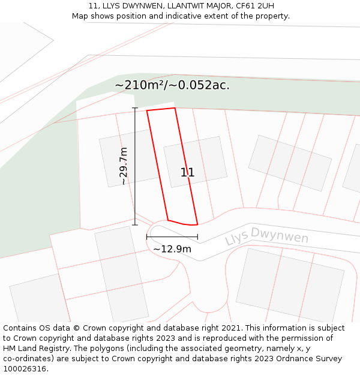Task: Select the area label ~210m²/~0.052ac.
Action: pos(172,85)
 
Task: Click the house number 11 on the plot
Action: pos(187,173)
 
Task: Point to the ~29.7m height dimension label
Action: pos(123,166)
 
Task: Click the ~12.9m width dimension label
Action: pos(172,249)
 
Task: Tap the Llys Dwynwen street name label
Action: pos(266,236)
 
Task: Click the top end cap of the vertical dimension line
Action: pos(135,108)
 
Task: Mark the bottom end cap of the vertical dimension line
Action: pos(135,225)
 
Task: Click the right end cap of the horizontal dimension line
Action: pos(197,237)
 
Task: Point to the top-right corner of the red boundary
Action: pos(175,108)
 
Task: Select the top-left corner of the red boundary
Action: pos(147,111)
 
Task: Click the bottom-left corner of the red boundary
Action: pos(167,220)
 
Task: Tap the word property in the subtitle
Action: pos(272,16)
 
